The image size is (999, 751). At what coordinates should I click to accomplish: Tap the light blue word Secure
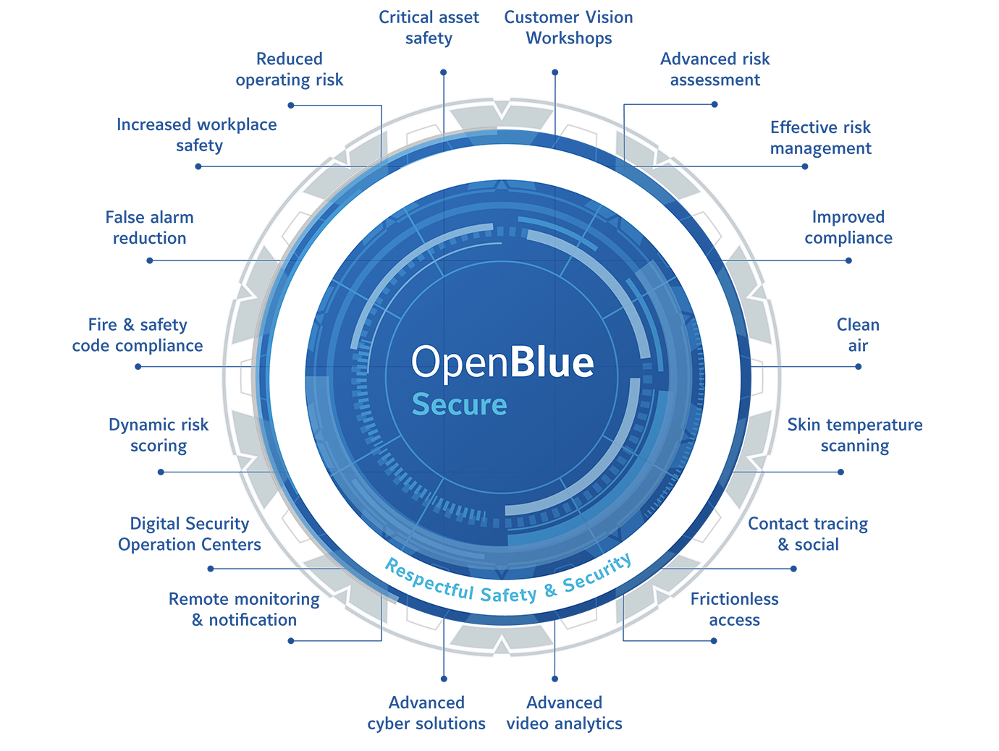pos(459,405)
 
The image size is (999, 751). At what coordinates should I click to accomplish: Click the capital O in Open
pos(425,362)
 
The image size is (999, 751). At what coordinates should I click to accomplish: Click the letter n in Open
pos(499,364)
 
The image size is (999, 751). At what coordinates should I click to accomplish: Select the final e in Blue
pos(583,364)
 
